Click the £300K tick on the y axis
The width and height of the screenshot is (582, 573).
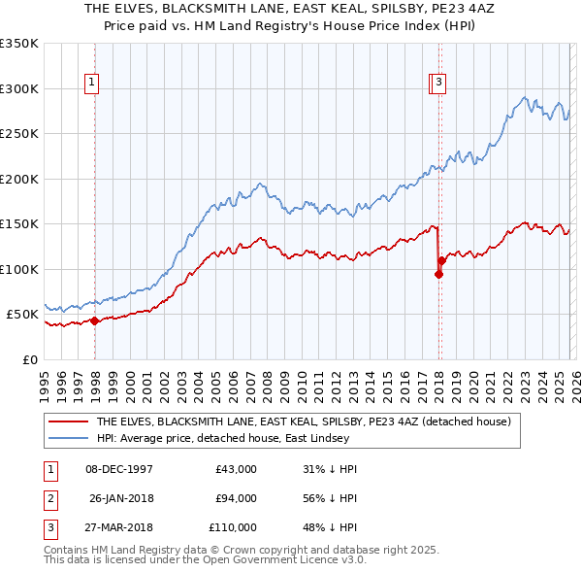[x=19, y=88]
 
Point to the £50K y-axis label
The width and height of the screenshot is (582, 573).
[x=22, y=315]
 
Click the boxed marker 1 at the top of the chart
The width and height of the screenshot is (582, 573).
[x=91, y=84]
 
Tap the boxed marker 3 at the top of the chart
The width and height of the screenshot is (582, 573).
[x=439, y=84]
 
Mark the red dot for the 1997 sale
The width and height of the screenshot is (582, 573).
[x=95, y=321]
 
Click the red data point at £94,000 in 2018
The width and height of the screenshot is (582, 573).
[x=438, y=275]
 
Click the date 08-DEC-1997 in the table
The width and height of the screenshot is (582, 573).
[x=119, y=469]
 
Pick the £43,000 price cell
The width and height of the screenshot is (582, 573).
[x=237, y=469]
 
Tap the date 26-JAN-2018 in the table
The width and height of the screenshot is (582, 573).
[x=120, y=498]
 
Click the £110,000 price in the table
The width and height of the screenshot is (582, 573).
[x=234, y=527]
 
